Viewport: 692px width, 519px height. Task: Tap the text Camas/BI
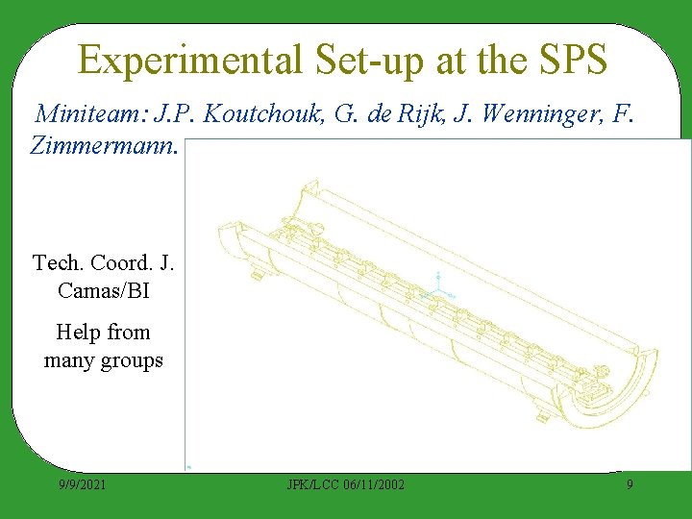(x=103, y=290)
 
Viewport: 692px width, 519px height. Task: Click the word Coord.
(x=120, y=262)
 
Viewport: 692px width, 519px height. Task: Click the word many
(x=66, y=361)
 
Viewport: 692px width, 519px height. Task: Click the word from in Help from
(x=129, y=333)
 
